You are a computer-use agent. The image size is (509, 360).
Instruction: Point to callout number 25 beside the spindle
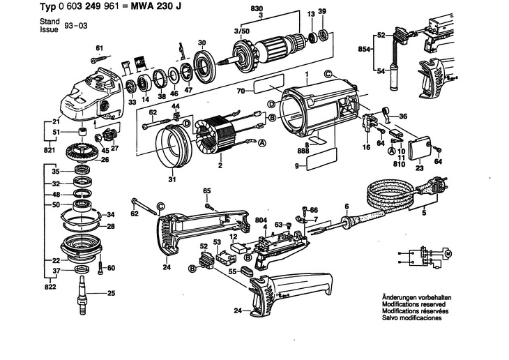111,294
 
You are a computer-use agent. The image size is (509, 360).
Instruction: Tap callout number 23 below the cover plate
419,167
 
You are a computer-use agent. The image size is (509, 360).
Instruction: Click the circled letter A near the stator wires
263,144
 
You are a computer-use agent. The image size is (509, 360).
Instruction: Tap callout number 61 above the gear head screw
99,47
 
